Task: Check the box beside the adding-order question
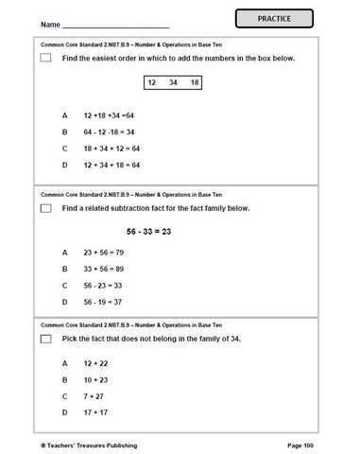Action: pyautogui.click(x=45, y=58)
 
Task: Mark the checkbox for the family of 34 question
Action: pyautogui.click(x=45, y=339)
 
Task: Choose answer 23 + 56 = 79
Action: pyautogui.click(x=102, y=253)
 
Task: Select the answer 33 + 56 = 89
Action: pyautogui.click(x=102, y=269)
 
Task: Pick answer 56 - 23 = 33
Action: pyautogui.click(x=102, y=285)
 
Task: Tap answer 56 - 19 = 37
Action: pyautogui.click(x=102, y=302)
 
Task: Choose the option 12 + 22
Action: pyautogui.click(x=95, y=362)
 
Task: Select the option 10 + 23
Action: pyautogui.click(x=95, y=378)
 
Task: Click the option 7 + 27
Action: pyautogui.click(x=94, y=395)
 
